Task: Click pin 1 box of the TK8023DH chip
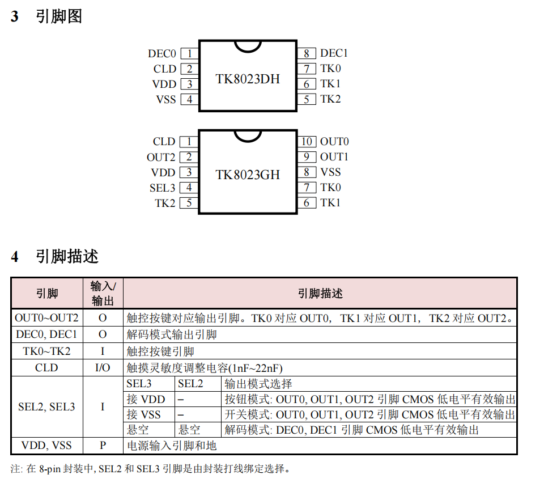pyautogui.click(x=189, y=53)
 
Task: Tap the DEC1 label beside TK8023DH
pyautogui.click(x=334, y=53)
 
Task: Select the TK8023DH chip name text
pyautogui.click(x=248, y=79)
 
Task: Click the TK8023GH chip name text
pyautogui.click(x=248, y=175)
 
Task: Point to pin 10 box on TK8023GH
pyautogui.click(x=307, y=142)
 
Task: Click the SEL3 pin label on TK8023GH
pyautogui.click(x=163, y=188)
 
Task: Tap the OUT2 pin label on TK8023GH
pyautogui.click(x=161, y=157)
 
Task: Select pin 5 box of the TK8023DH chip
pyautogui.click(x=307, y=99)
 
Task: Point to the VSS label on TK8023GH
pyautogui.click(x=330, y=172)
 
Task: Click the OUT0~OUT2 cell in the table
pyautogui.click(x=47, y=317)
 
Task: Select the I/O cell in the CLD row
pyautogui.click(x=103, y=368)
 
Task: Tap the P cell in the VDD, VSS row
pyautogui.click(x=103, y=445)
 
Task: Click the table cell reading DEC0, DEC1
pyautogui.click(x=46, y=334)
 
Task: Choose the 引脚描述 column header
pyautogui.click(x=320, y=294)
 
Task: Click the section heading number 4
pyautogui.click(x=15, y=257)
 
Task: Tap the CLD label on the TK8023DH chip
pyautogui.click(x=165, y=69)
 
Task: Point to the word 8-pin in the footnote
pyautogui.click(x=50, y=469)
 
